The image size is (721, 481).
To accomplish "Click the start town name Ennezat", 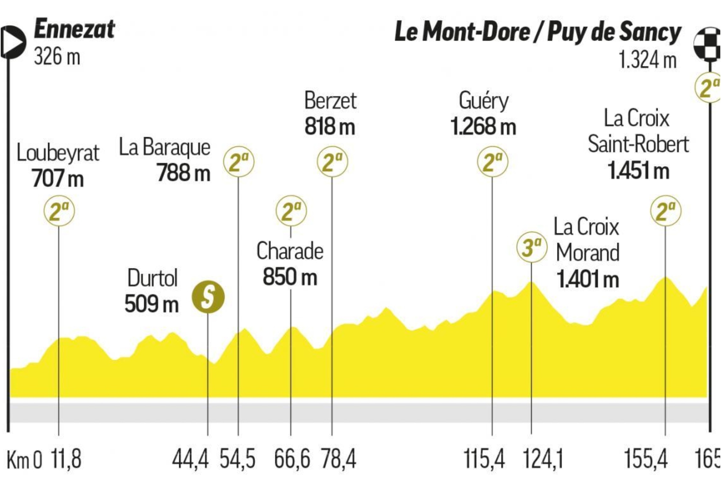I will pos(74,29).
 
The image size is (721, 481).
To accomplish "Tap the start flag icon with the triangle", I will pos(13,42).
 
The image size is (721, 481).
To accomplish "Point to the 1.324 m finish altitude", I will pos(647,60).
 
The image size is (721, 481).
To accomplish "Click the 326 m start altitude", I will pos(57,57).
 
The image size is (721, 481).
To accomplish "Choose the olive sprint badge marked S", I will pos(208,297).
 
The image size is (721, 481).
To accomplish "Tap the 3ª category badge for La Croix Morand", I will pos(531,247).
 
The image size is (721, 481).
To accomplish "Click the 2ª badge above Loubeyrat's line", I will pos(59,211).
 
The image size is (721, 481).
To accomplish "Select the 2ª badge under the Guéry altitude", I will pos(492,162).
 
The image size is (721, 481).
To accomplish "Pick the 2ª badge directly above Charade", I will pos(291,211).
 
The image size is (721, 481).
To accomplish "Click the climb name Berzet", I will pos(330,101).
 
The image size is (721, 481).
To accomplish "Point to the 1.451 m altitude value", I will pos(638,171).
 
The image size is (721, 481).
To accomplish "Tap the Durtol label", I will pos(152,278).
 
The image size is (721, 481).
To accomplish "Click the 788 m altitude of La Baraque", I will pos(183,173).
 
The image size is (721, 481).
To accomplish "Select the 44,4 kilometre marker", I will pos(190,459).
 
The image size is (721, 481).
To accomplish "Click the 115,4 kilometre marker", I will pos(484,459).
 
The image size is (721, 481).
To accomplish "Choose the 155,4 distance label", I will pos(646,459).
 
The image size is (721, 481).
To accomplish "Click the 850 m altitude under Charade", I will pos(290,277).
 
